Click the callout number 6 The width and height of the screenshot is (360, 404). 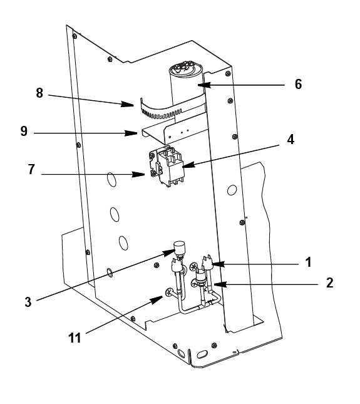(x=298, y=85)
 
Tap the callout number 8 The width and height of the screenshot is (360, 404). (x=39, y=93)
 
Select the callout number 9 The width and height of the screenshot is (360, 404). (x=24, y=131)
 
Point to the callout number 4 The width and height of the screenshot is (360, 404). (x=291, y=140)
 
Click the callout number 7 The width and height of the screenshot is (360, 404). (x=31, y=169)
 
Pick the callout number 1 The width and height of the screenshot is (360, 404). (x=308, y=262)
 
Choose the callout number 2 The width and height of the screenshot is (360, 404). (x=329, y=282)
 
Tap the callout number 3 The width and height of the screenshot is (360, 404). (x=28, y=302)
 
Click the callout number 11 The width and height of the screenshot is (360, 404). (x=75, y=338)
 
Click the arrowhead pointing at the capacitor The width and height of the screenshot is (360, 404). (x=204, y=85)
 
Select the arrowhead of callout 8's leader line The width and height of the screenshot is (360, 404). (x=127, y=104)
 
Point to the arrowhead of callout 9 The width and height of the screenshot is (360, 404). (x=131, y=133)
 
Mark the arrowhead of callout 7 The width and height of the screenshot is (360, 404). (x=138, y=174)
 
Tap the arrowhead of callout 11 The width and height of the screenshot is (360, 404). (x=157, y=299)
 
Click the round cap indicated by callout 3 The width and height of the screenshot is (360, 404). (x=179, y=246)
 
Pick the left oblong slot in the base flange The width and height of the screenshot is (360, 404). (x=182, y=353)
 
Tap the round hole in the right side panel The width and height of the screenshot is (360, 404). (x=232, y=190)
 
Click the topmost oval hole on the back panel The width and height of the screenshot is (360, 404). (x=111, y=180)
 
